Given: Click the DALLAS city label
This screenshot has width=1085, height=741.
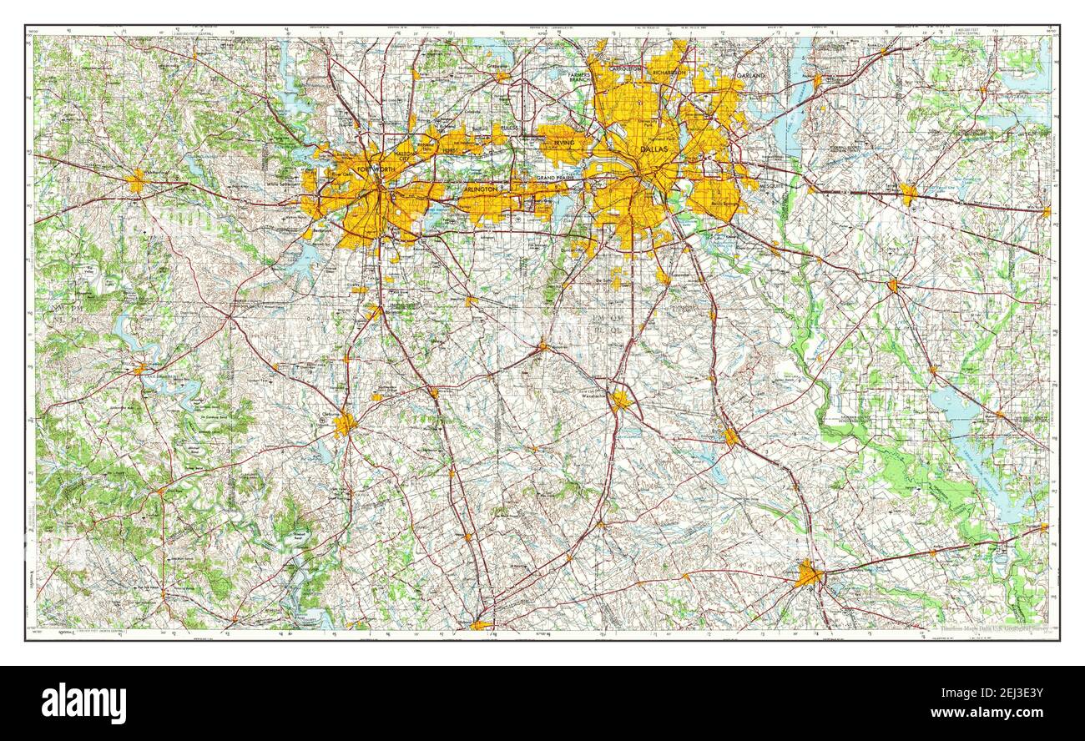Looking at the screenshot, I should (654, 149).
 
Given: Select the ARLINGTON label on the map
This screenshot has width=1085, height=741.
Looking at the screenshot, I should (480, 189).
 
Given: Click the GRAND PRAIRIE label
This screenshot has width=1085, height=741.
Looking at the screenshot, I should (557, 179).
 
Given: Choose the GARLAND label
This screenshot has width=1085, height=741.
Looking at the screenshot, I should (751, 75).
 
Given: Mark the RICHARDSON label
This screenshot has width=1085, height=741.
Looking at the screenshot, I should (669, 72).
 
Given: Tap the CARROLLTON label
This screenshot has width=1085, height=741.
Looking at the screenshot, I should (625, 68).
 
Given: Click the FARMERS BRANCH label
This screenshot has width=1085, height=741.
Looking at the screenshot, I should (579, 77).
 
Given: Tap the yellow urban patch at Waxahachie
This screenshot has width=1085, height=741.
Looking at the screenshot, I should (619, 401).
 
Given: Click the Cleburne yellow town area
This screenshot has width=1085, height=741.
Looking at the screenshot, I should (344, 425).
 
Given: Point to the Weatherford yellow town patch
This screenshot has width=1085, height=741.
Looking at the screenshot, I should (137, 181).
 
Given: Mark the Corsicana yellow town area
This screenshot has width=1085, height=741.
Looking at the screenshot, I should (807, 574).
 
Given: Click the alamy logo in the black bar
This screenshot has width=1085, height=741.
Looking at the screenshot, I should (83, 703).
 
